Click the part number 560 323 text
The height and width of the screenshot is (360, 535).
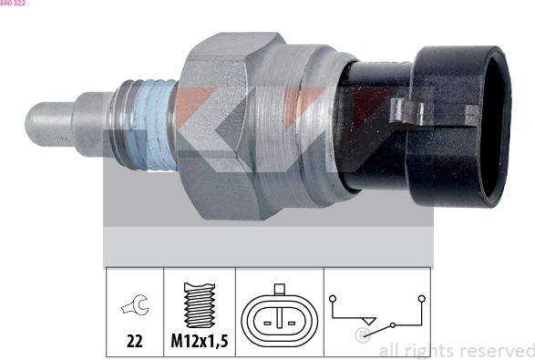pyautogui.click(x=13, y=3)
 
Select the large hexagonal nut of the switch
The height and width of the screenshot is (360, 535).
pyautogui.click(x=219, y=126)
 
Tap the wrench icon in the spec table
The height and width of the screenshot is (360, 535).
pyautogui.click(x=135, y=304)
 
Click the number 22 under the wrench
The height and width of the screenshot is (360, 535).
pyautogui.click(x=134, y=341)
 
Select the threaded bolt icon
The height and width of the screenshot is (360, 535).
pyautogui.click(x=200, y=304)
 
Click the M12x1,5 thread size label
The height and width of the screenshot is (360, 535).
pyautogui.click(x=200, y=341)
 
